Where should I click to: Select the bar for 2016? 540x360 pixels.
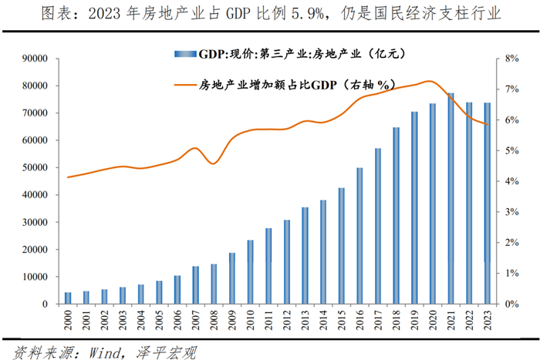(359, 236)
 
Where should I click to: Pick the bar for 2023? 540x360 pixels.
(487, 204)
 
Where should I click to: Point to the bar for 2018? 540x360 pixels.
(396, 216)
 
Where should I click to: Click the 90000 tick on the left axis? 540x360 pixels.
(36, 59)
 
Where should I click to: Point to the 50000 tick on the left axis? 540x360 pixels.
(36, 167)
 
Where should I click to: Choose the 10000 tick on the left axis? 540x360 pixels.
(36, 277)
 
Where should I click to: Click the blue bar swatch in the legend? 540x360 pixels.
(186, 54)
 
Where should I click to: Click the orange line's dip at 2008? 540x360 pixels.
(214, 163)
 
